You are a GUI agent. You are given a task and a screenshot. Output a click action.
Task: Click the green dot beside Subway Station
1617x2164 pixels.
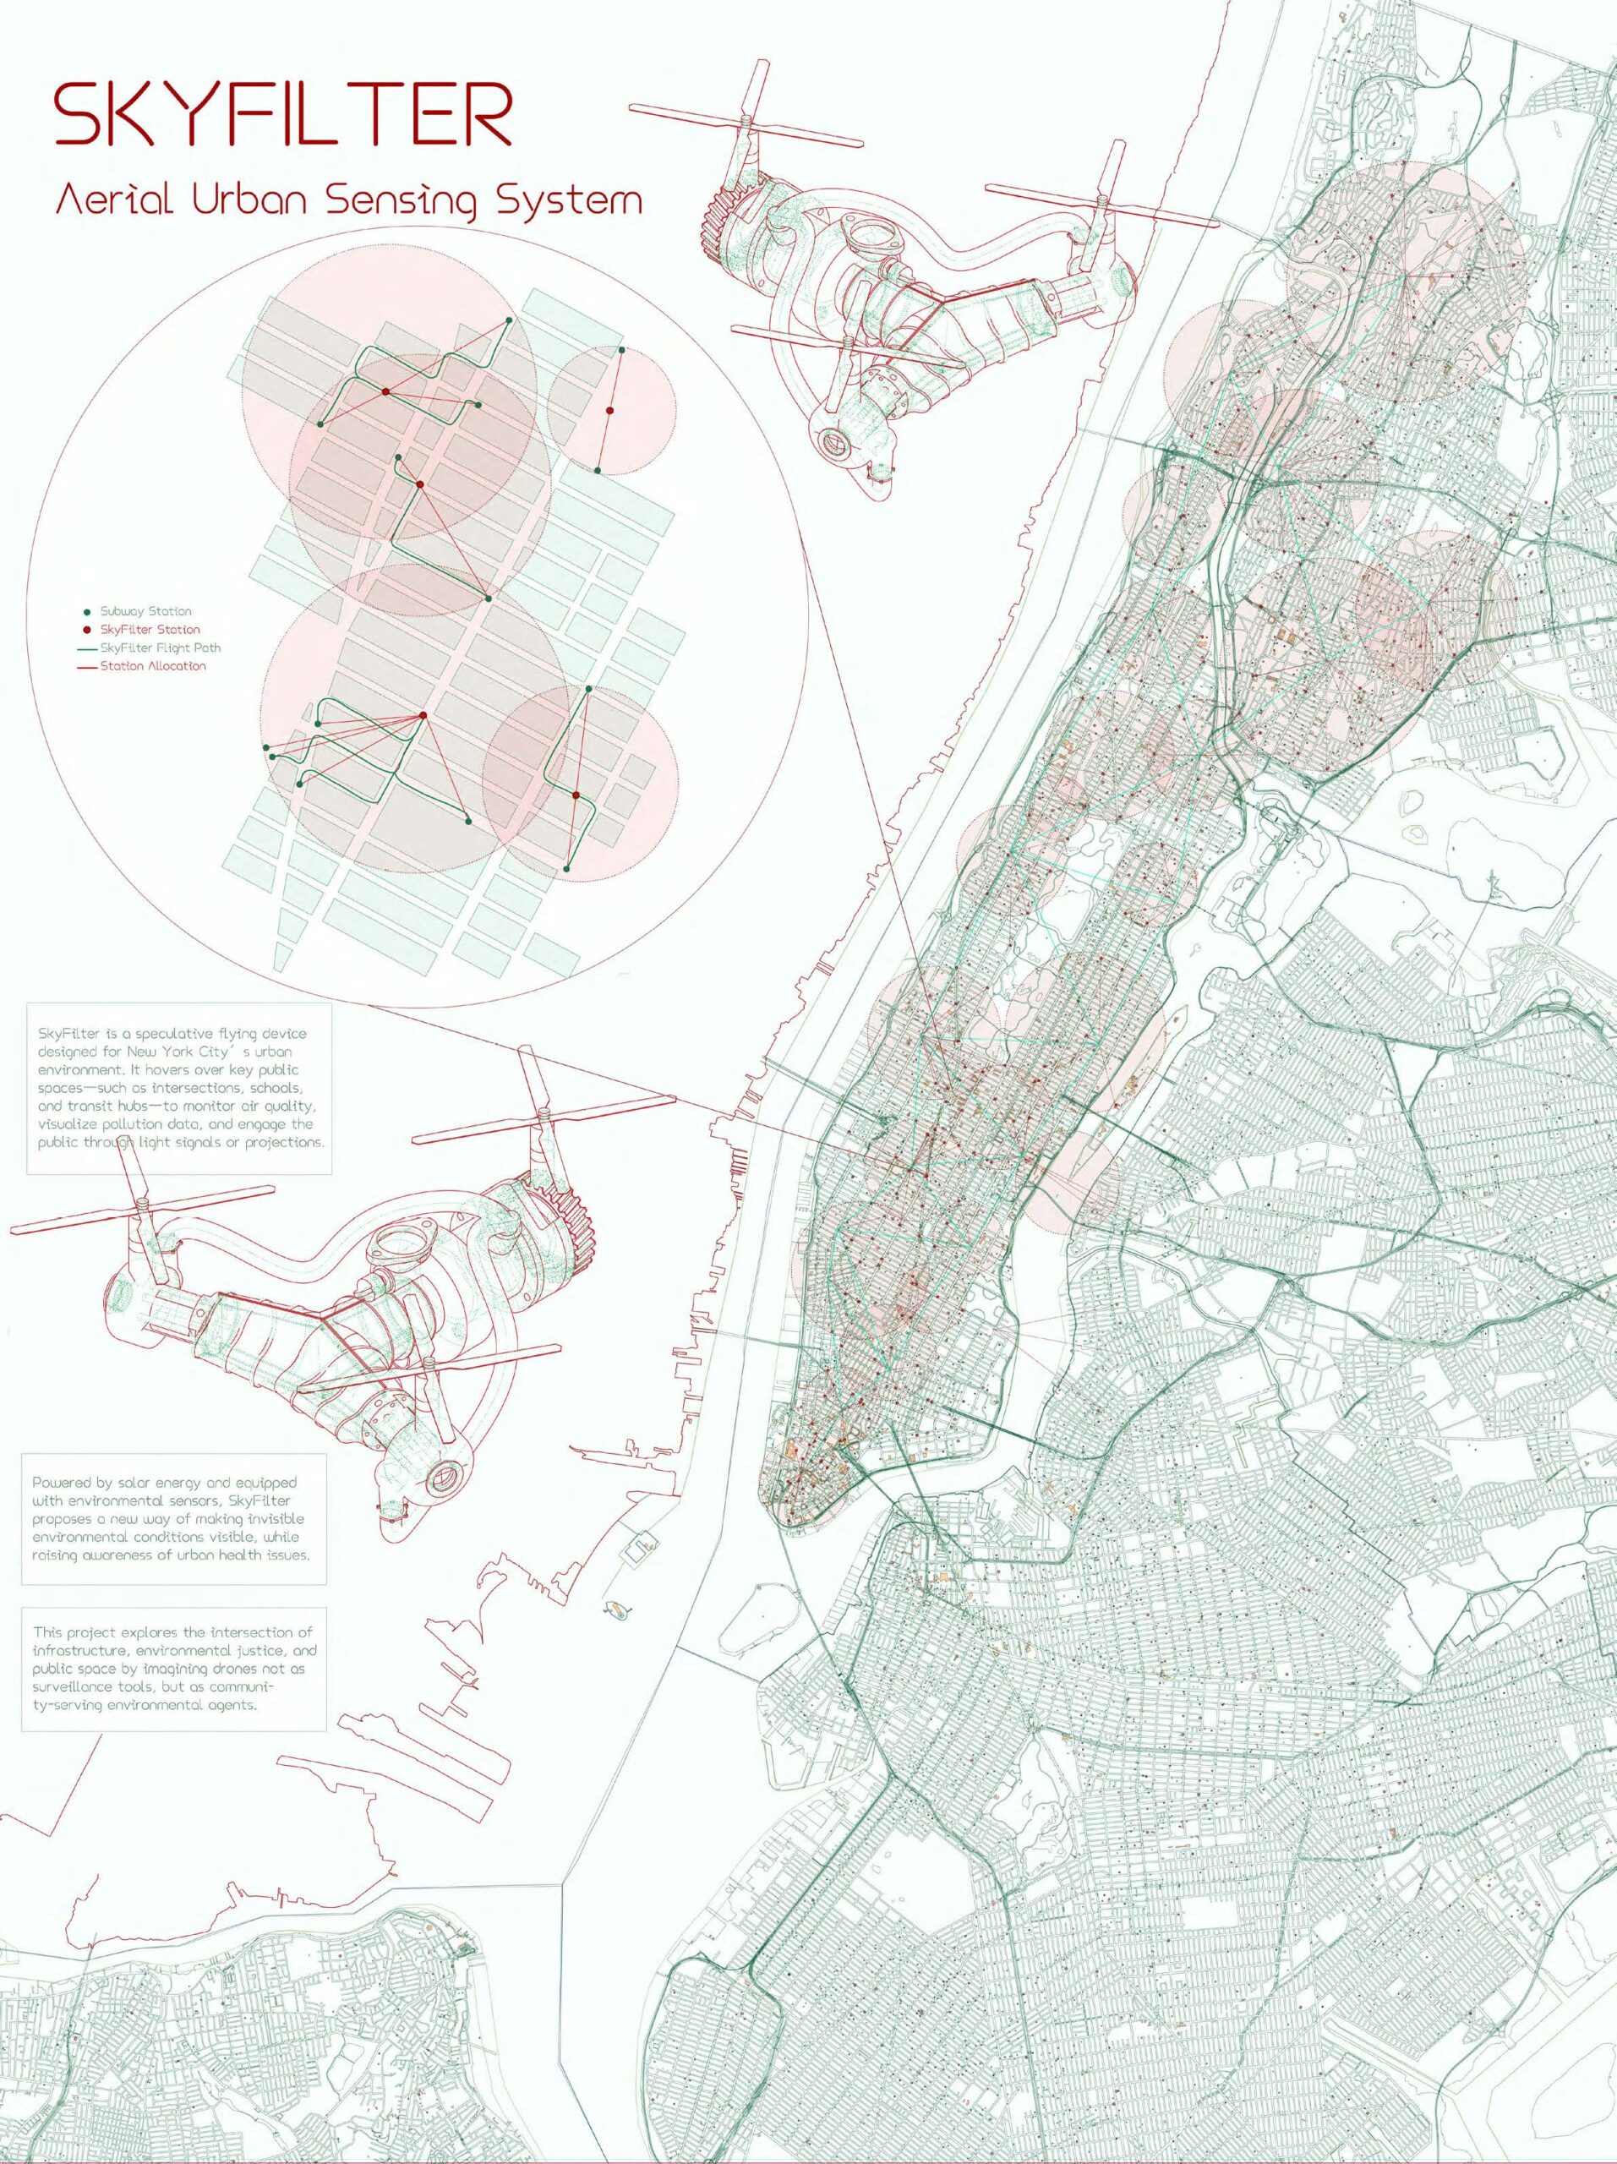(x=88, y=611)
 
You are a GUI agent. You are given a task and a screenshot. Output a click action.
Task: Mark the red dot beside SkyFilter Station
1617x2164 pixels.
(x=88, y=630)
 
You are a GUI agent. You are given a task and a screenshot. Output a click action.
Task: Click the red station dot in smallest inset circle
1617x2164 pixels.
(x=609, y=411)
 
